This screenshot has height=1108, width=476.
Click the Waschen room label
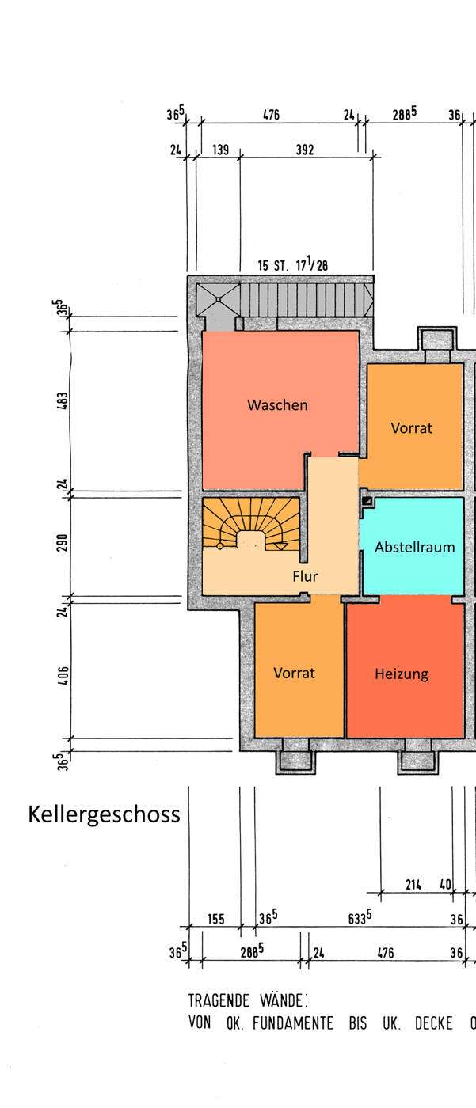point(277,405)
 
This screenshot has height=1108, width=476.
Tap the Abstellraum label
point(414,547)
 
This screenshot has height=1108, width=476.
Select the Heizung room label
point(402,674)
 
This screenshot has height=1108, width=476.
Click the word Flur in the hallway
point(305,576)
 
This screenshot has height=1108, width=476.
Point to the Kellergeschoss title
point(105,814)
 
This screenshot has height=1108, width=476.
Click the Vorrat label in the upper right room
point(412,428)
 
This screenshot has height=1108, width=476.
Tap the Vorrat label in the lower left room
point(294,673)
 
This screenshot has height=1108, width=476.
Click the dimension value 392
point(305,149)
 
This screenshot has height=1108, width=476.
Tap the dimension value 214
point(413,885)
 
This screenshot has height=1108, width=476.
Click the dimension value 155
point(215,919)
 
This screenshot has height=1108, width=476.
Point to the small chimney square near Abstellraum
point(367,500)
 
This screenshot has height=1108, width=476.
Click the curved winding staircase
point(252,525)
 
